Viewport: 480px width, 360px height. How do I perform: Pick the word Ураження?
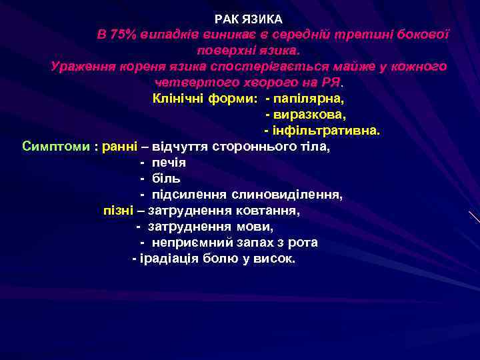click(x=82, y=67)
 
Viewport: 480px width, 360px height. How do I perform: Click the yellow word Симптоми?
click(x=56, y=147)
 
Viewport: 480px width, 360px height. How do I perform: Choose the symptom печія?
click(x=169, y=163)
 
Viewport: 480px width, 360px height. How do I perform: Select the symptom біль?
click(x=166, y=179)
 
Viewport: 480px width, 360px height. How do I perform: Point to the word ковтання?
click(x=269, y=211)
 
